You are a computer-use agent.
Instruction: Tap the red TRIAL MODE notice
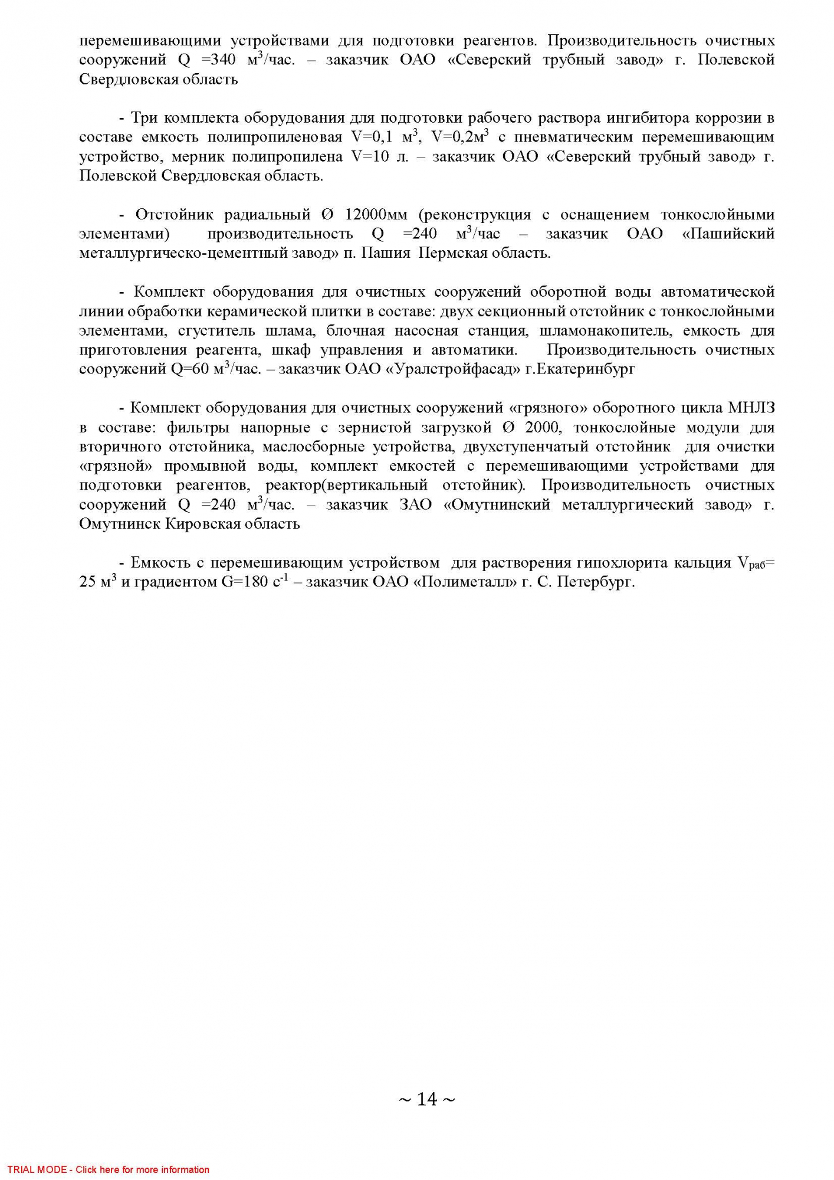108,1169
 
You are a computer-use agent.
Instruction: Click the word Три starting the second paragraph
144,118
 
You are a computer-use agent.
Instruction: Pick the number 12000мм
376,215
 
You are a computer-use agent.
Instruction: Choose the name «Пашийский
728,234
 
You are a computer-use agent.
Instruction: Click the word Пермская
451,254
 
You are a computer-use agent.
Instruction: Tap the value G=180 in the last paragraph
245,582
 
